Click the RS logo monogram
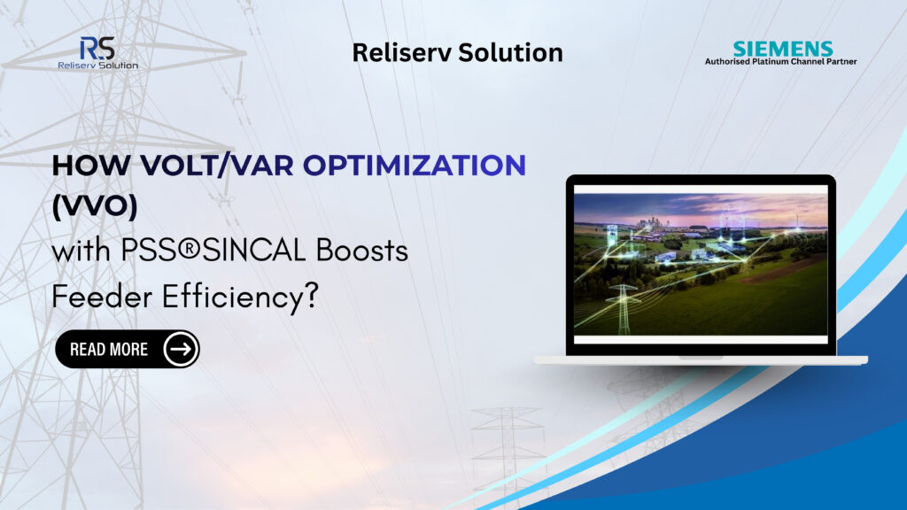(x=96, y=48)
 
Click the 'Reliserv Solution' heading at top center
(x=457, y=52)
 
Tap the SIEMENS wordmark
(x=782, y=49)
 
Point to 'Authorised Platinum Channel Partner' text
(x=780, y=62)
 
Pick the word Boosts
(x=364, y=251)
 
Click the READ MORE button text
(x=109, y=349)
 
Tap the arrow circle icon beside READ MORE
(x=181, y=349)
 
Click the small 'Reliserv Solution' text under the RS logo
(x=97, y=65)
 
